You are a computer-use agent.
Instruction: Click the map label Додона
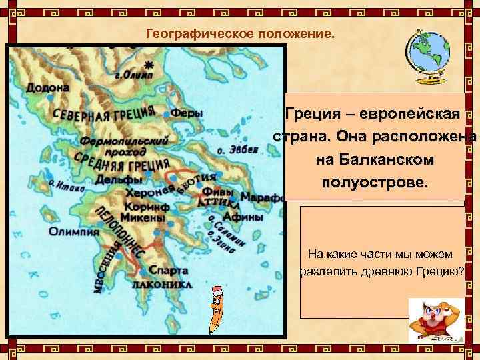tap(47, 88)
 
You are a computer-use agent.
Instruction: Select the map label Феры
tap(187, 113)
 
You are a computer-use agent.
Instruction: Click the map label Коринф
tap(145, 206)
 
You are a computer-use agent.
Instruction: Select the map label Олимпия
tap(73, 231)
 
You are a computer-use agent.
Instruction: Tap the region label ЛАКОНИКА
tap(162, 284)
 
